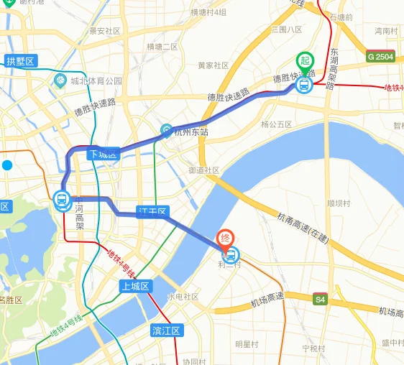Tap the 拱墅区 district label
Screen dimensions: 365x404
tap(20, 61)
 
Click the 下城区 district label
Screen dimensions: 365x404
tap(101, 154)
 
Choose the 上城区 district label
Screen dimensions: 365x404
tap(134, 287)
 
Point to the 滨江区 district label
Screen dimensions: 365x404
tap(167, 331)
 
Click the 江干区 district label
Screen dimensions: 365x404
tap(152, 211)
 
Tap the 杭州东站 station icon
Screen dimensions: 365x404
tap(167, 131)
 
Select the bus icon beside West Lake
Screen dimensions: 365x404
tap(62, 200)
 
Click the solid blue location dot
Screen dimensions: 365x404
tap(7, 165)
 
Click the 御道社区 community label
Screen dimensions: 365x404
tap(203, 171)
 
